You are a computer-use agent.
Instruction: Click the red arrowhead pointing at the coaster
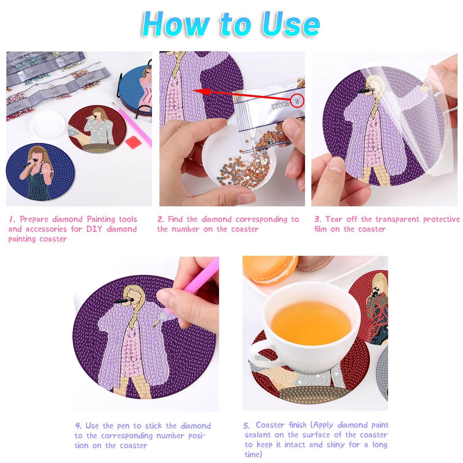point(201,92)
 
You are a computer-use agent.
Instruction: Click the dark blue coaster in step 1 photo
point(40,172)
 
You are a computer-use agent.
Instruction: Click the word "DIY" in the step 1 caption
point(95,229)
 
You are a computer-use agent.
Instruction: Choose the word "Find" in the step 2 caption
point(176,219)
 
